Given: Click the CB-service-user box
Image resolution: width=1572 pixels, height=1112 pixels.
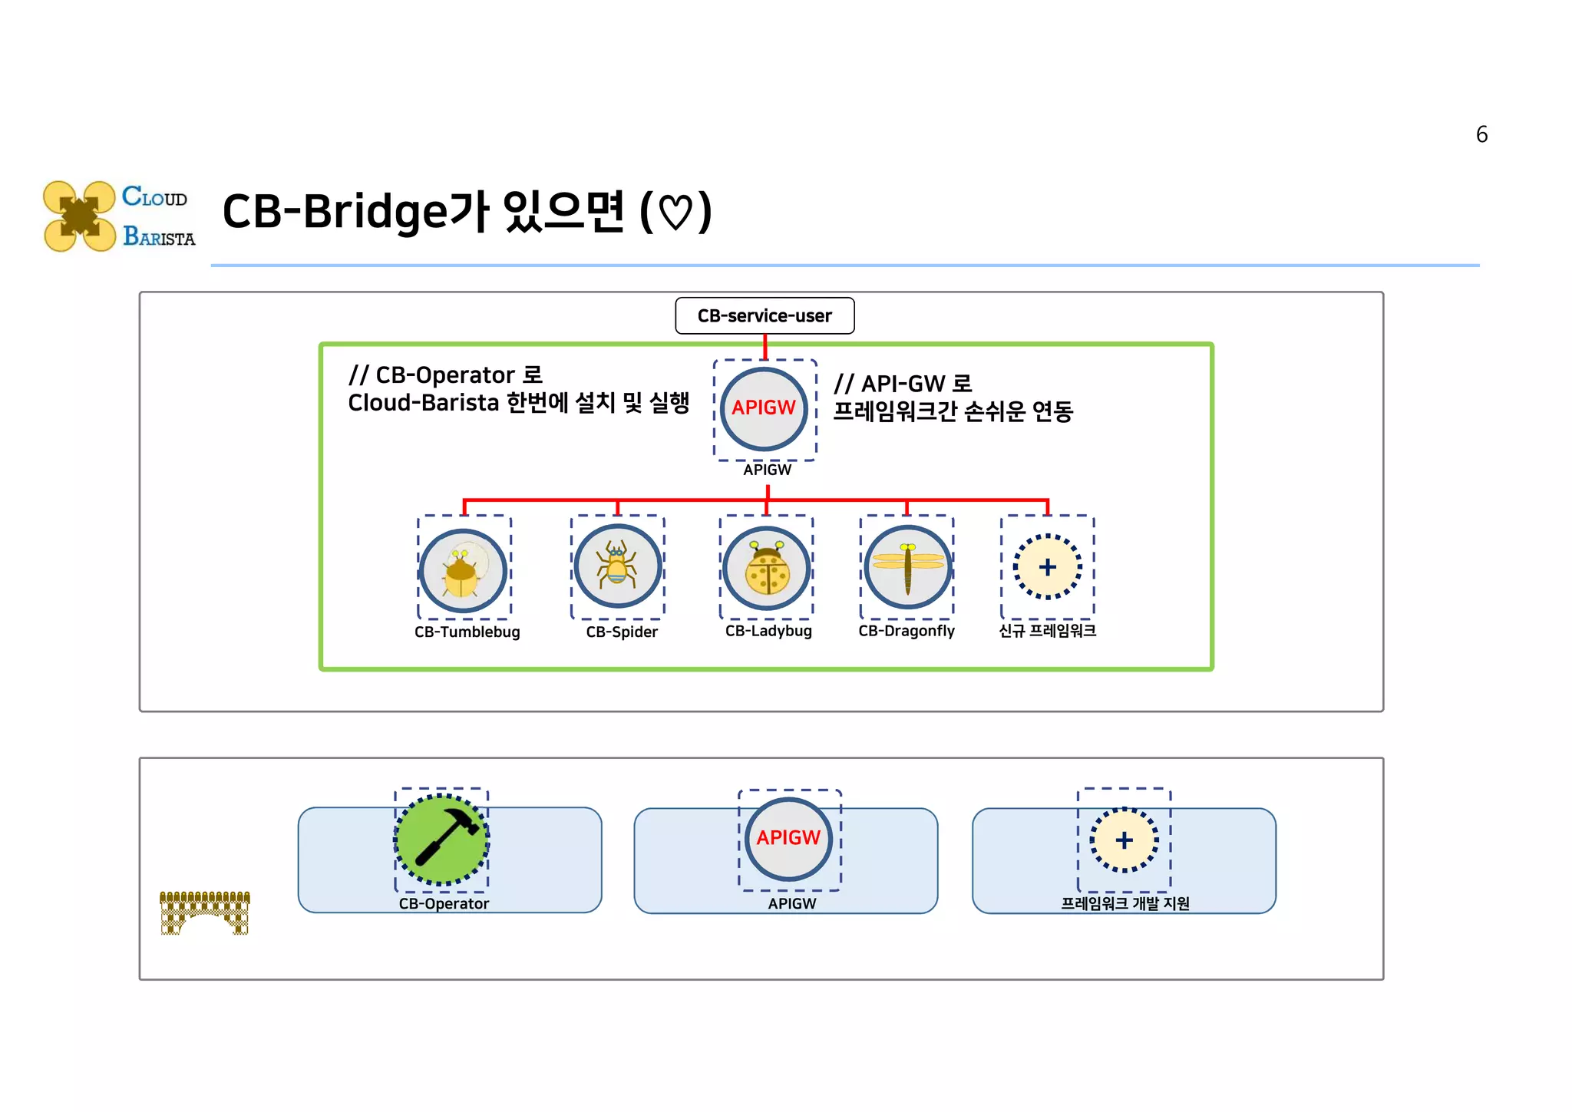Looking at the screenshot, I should point(765,315).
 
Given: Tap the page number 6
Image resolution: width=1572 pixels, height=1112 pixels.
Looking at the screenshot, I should point(1481,135).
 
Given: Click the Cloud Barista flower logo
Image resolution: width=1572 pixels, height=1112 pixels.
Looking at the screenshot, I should point(80,216).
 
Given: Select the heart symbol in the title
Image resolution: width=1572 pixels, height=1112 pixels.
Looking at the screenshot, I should point(675,213).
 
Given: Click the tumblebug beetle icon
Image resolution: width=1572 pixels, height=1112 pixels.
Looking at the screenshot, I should point(463,570).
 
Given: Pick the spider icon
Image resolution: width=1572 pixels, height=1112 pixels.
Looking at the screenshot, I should point(617,566).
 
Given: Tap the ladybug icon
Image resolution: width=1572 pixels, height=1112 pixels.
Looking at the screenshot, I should point(767,569).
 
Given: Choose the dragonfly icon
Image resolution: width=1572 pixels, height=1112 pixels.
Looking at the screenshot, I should point(907,568).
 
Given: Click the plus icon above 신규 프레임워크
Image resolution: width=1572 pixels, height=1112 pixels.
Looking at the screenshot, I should point(1047,567).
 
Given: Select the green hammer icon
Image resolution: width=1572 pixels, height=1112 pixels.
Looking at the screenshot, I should point(441,840).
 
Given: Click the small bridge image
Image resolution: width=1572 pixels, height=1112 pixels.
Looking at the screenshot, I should point(205,912).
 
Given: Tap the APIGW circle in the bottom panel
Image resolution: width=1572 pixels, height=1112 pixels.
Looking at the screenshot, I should point(788,838).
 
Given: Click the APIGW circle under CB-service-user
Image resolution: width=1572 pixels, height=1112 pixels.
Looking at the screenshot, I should point(764,408).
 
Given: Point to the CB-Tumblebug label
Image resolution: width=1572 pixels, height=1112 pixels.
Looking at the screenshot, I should point(467,632).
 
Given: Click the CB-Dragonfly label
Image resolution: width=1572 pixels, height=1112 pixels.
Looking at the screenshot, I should point(907,631).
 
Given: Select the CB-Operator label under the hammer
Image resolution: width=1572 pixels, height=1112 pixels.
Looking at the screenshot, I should point(444,904).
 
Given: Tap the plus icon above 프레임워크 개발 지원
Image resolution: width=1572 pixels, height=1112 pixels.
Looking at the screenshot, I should point(1124,840).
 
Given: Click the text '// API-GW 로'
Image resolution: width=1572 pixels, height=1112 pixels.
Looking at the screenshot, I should point(903,384).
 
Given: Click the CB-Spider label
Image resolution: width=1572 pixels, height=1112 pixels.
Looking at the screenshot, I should point(622,632).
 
